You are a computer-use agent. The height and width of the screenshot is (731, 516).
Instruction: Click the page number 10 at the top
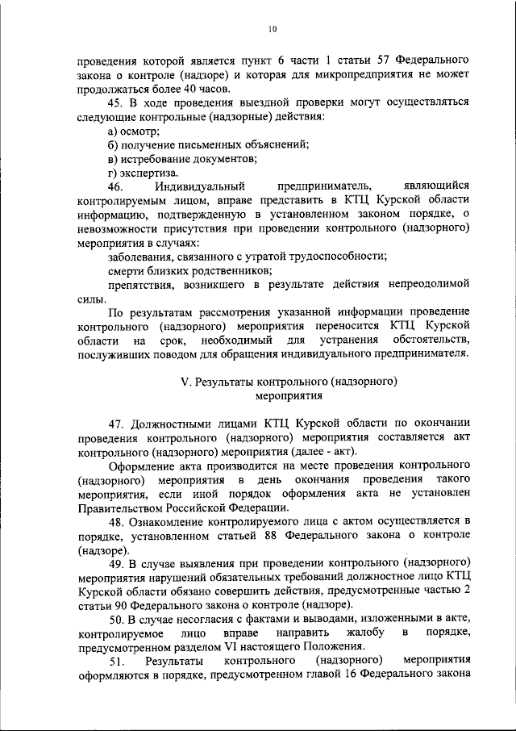(273, 30)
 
